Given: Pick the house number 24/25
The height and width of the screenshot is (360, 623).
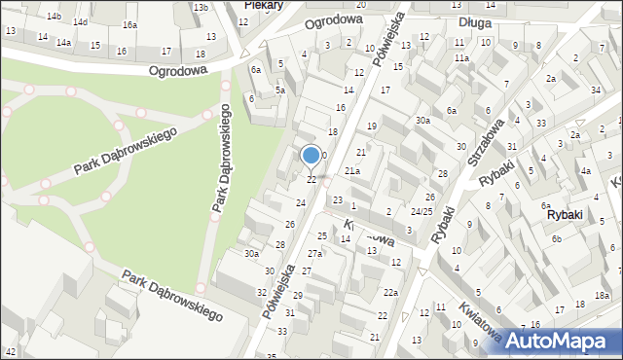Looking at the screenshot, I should [x=421, y=211].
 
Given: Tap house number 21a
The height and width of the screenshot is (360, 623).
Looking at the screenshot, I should [x=352, y=171].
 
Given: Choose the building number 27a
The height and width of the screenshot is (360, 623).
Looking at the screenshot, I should [x=314, y=253].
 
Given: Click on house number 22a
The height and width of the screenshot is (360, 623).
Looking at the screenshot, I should [x=390, y=292].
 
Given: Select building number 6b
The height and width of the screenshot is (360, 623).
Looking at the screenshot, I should [x=556, y=239].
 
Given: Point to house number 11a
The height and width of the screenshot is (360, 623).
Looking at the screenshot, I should [x=460, y=58].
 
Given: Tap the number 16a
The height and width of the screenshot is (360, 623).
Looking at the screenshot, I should [x=129, y=24].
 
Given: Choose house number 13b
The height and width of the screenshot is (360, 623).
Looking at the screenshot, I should [x=201, y=8].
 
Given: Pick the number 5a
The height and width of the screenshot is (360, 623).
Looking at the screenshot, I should [x=279, y=90].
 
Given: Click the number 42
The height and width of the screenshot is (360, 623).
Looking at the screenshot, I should [x=11, y=351].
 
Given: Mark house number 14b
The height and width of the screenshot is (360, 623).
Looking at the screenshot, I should [x=54, y=17].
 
